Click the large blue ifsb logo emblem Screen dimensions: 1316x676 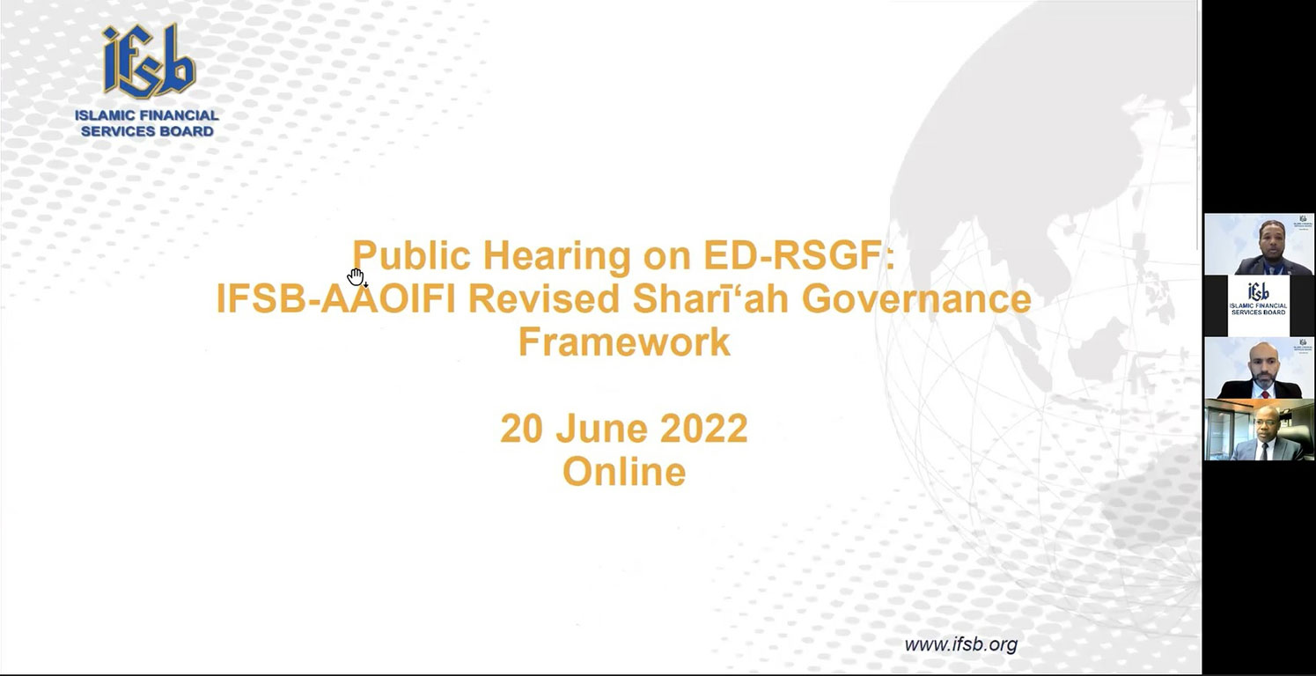[x=149, y=61]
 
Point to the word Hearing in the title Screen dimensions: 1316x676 [x=556, y=256]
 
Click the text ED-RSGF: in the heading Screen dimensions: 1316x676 [x=798, y=256]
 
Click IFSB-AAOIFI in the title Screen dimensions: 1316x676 [x=335, y=298]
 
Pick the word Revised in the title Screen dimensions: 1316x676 [x=543, y=298]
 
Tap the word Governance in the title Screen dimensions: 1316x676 [x=916, y=298]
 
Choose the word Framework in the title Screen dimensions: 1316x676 [x=624, y=342]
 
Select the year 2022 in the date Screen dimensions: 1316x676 [x=704, y=428]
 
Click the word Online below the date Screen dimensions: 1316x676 [x=624, y=471]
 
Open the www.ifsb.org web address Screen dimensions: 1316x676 [x=961, y=644]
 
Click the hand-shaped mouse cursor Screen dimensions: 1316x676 [x=356, y=276]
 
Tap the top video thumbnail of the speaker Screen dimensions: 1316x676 [x=1259, y=245]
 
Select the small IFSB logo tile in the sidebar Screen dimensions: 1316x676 [x=1259, y=305]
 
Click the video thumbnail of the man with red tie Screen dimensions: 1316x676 [x=1259, y=368]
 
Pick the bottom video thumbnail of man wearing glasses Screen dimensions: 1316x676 [x=1259, y=430]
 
